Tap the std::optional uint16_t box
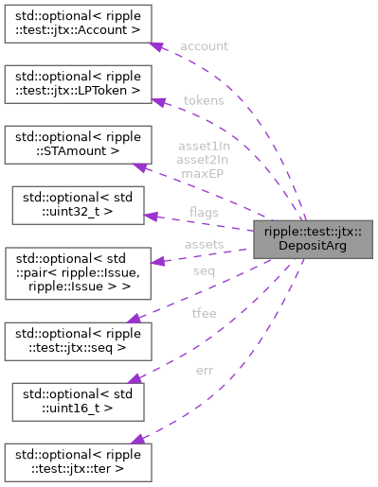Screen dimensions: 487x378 coord(76,401)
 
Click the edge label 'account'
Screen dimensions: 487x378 coord(203,45)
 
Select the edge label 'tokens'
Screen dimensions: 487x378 coord(203,100)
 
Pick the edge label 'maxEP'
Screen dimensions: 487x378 coord(203,173)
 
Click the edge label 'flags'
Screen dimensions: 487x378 coord(203,211)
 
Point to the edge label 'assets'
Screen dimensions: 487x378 coord(203,243)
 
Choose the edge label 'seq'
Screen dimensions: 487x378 coord(203,270)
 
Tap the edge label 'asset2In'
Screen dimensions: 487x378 coord(203,160)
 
